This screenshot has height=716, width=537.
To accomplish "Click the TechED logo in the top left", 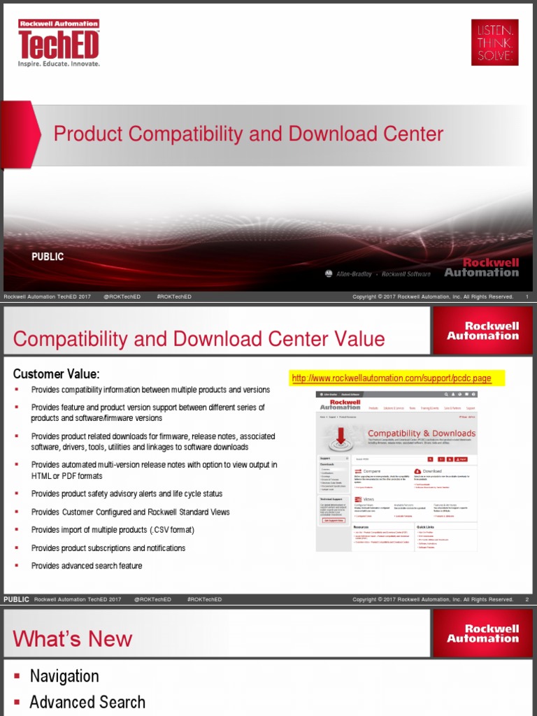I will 59,43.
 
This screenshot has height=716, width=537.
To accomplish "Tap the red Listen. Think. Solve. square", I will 494,42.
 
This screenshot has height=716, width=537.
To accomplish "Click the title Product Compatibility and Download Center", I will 248,134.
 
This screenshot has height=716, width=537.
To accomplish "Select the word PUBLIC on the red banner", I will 48,257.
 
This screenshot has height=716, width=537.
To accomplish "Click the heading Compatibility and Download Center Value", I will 199,339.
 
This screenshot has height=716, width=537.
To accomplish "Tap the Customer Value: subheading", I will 56,373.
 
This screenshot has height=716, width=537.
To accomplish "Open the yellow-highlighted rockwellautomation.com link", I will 392,378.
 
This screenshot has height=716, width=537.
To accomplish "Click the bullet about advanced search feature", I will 87,566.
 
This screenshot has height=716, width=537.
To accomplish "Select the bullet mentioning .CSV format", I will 113,530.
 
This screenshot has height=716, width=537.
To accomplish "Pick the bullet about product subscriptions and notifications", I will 108,548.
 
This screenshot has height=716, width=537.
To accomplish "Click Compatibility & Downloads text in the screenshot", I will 421,434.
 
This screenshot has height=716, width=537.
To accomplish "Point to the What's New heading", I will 72,638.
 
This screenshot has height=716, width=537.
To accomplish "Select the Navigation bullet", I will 64,676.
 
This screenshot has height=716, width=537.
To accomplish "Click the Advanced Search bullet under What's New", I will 87,702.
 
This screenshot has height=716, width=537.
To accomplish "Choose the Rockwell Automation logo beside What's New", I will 483,633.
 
